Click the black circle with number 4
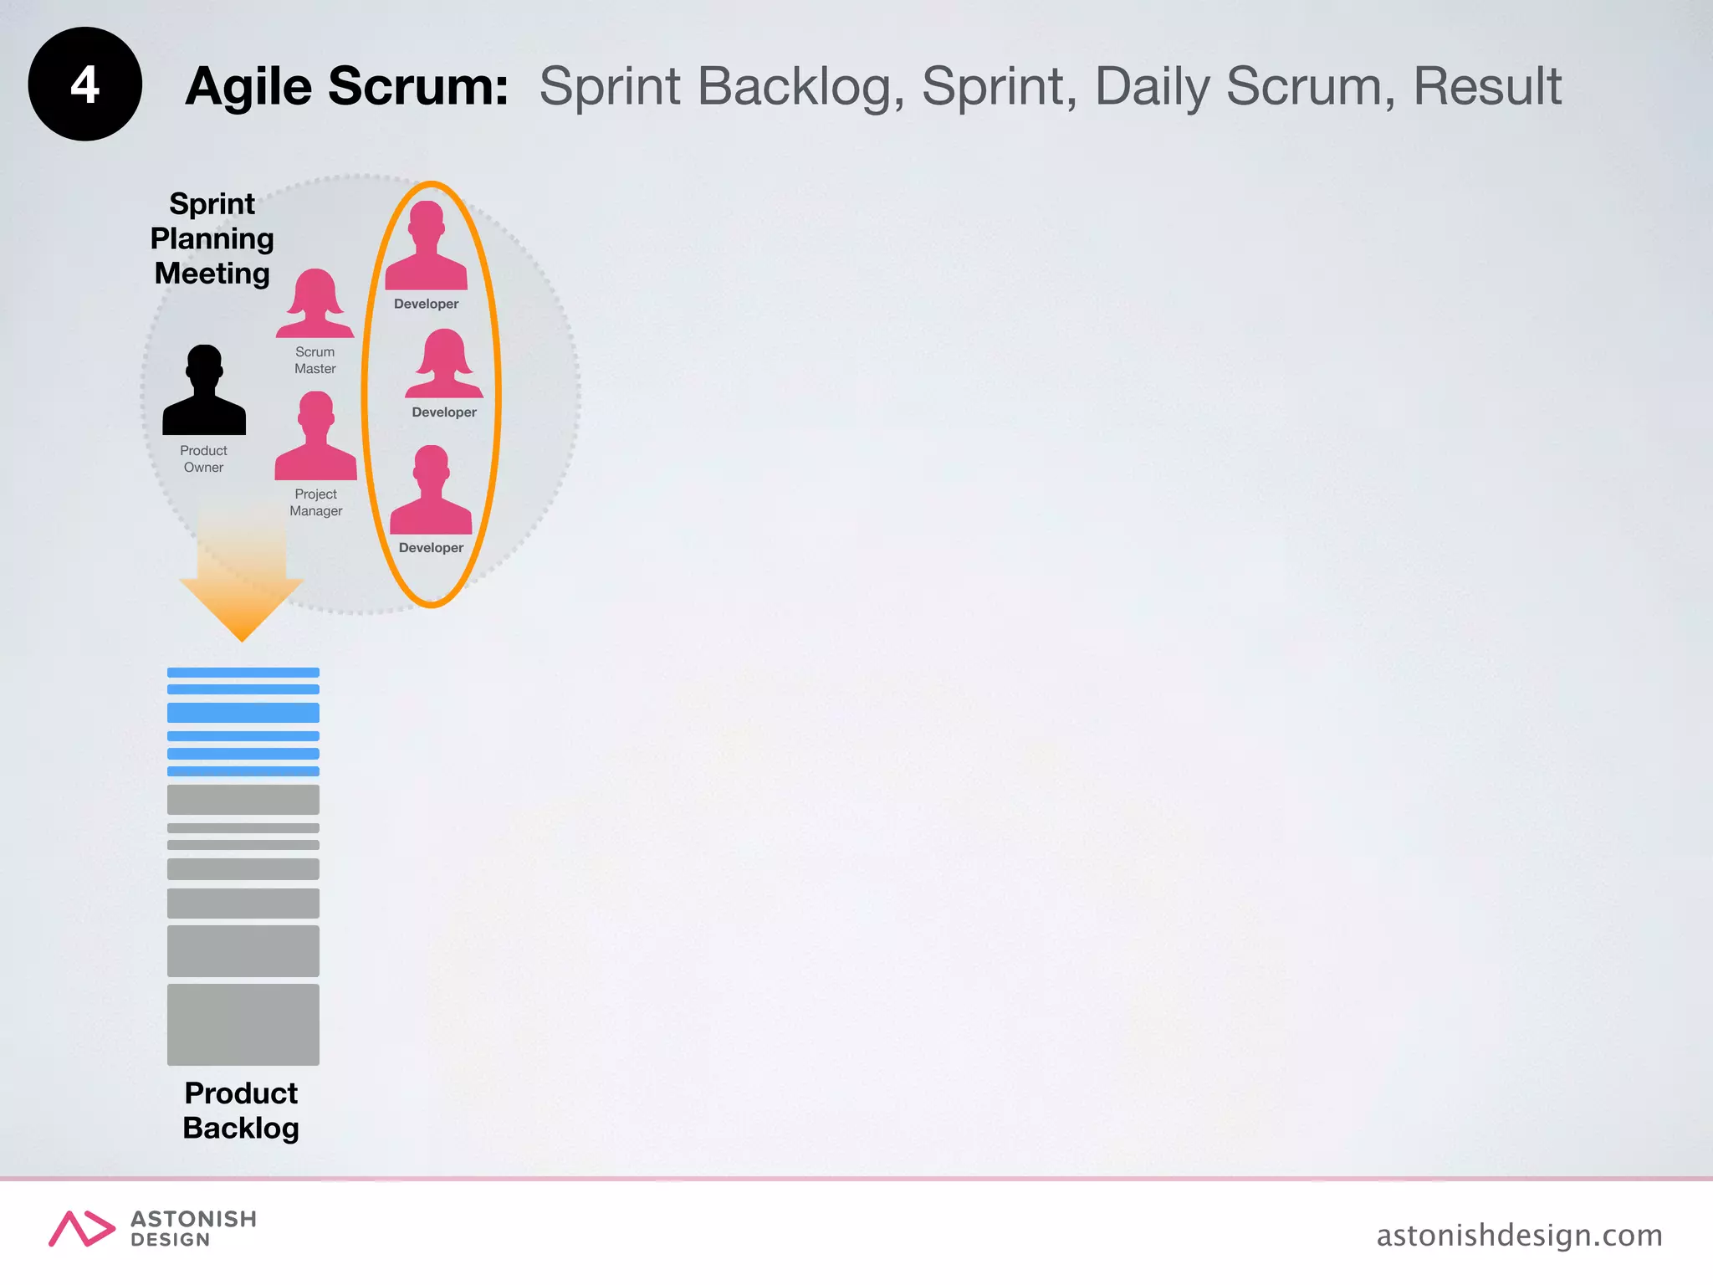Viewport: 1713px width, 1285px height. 84,84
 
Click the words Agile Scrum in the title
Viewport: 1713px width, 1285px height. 346,86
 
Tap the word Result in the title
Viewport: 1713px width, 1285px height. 1486,86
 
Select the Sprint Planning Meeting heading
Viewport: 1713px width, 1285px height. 212,238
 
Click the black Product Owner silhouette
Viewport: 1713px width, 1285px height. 204,392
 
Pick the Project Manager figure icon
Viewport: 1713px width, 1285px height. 315,437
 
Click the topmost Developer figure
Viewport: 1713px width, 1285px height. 426,247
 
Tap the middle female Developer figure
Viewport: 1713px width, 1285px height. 444,365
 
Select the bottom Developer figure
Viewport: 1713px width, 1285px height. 431,492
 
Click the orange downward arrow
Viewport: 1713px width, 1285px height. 242,577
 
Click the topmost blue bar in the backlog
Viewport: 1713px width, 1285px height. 243,673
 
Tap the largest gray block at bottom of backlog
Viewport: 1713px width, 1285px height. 243,1024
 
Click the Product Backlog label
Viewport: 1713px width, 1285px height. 241,1110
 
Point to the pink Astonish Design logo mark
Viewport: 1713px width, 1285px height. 81,1228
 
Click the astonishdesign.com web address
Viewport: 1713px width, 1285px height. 1519,1235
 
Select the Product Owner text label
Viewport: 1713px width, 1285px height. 203,458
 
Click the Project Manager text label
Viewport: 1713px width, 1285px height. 315,502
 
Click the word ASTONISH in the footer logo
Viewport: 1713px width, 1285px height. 193,1219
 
